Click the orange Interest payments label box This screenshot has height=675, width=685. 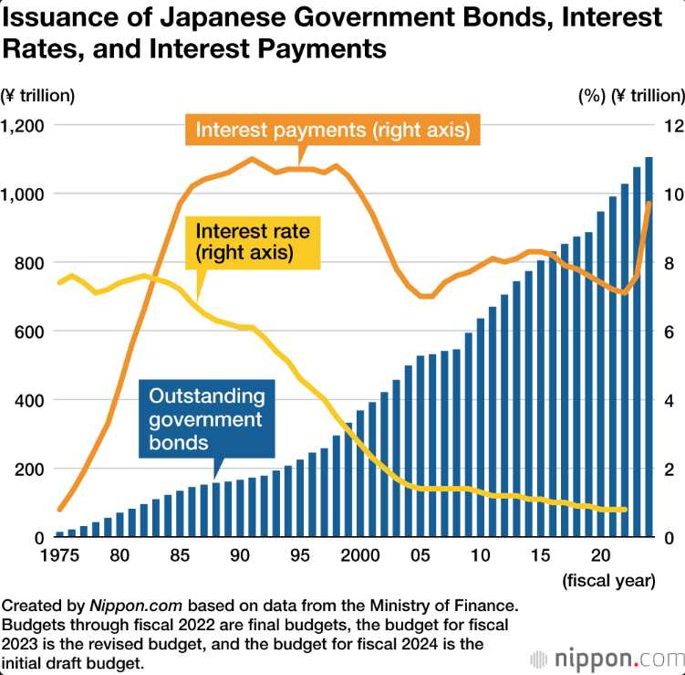tap(333, 131)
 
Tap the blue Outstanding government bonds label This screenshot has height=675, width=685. tap(206, 419)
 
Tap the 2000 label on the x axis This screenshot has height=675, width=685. tap(363, 554)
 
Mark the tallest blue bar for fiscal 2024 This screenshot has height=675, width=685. tap(649, 347)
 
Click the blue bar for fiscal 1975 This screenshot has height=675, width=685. tap(60, 534)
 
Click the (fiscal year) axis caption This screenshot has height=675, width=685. tap(608, 579)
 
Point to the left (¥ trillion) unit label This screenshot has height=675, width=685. tap(38, 95)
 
